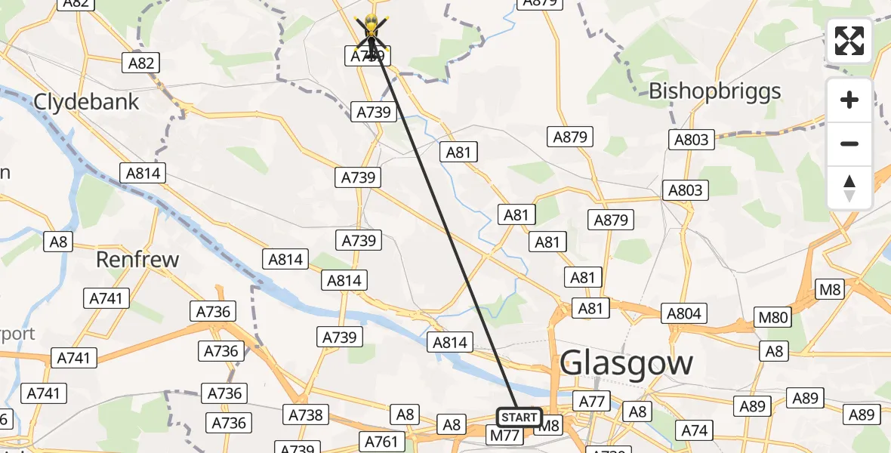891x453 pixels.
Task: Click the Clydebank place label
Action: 87,101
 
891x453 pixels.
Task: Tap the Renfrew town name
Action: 137,260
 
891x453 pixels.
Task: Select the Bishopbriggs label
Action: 715,91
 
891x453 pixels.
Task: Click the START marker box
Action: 519,417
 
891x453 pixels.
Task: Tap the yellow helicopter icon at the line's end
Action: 372,30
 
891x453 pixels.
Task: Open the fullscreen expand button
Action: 849,41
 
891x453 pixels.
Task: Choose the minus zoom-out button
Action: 849,143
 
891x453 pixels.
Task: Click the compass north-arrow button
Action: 849,187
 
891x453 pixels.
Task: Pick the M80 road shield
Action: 773,317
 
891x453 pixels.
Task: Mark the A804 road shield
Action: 684,313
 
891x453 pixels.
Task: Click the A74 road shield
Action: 695,430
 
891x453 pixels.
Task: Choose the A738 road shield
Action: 306,414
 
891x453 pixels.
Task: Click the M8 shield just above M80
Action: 831,289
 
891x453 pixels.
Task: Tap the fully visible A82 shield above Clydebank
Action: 141,63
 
